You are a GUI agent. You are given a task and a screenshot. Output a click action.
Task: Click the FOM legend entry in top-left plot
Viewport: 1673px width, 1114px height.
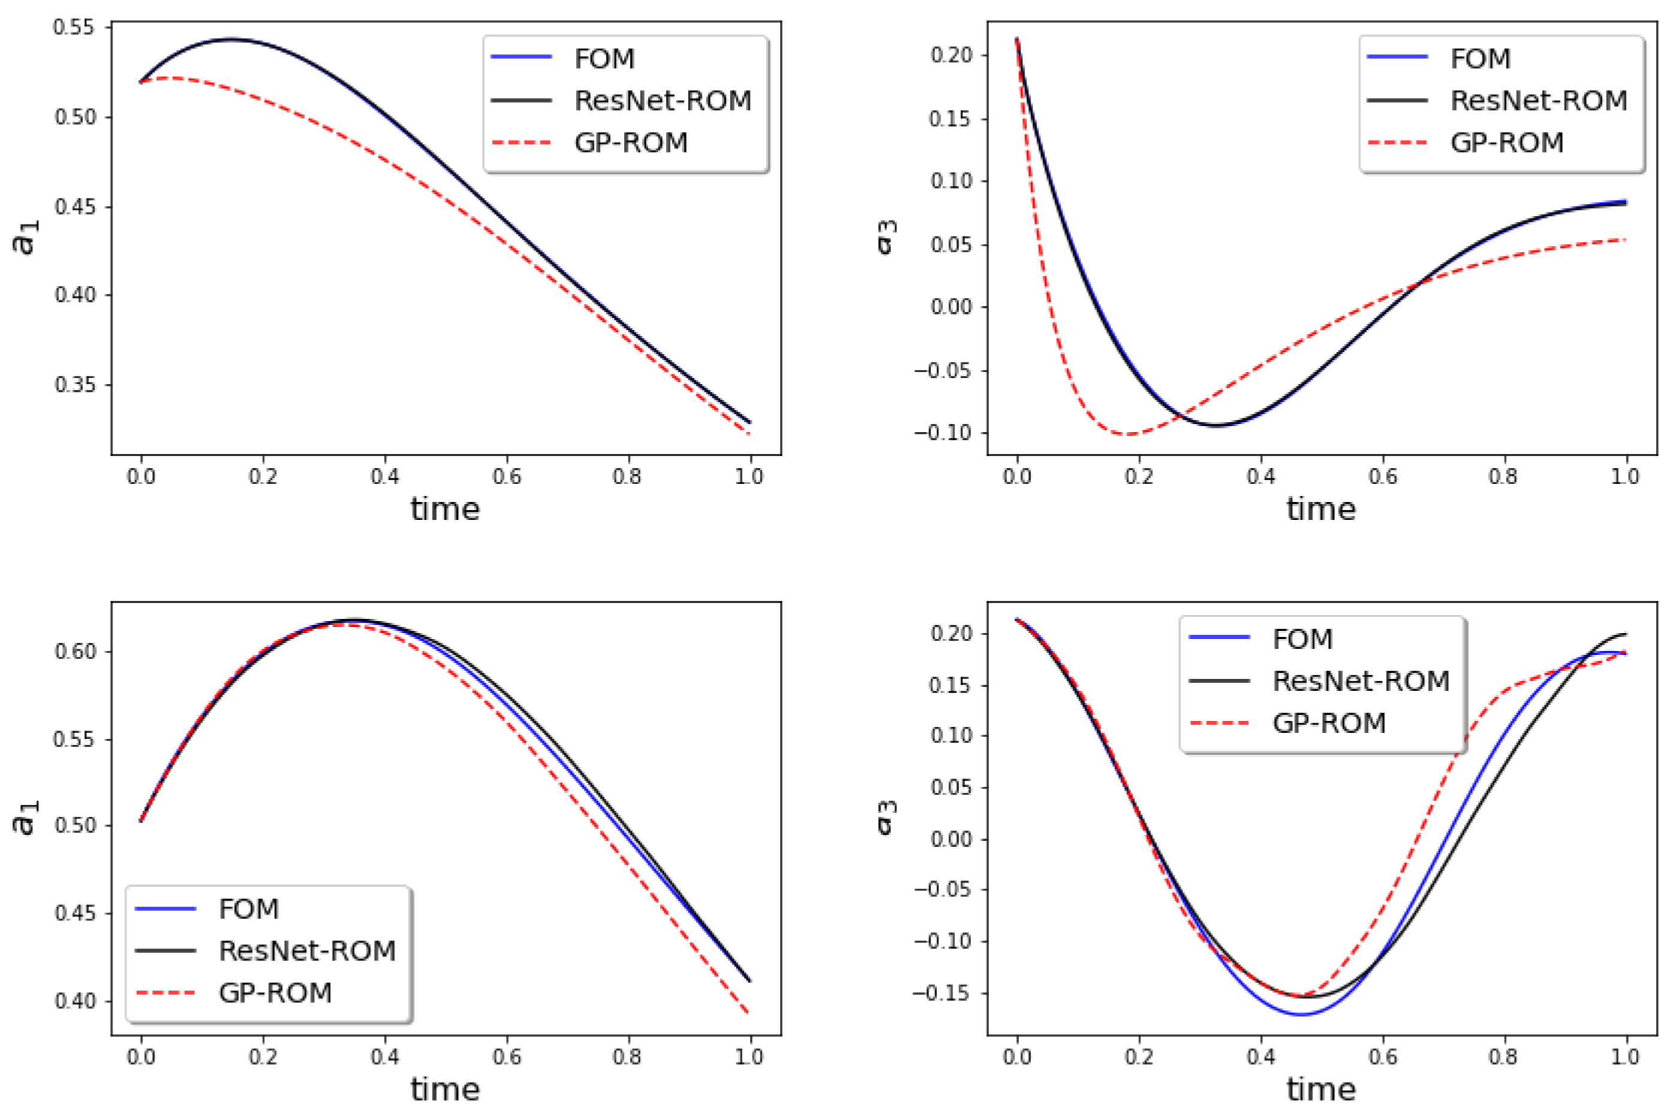coord(604,58)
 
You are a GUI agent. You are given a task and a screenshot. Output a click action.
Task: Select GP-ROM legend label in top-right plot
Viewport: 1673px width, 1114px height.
coord(1507,143)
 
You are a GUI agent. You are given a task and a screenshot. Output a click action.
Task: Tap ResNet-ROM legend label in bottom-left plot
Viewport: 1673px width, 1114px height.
coord(307,950)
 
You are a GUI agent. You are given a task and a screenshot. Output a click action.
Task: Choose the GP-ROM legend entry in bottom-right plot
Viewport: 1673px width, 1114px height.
coord(1329,723)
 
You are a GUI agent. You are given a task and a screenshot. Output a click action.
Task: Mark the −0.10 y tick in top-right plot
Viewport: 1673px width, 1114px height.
coord(943,433)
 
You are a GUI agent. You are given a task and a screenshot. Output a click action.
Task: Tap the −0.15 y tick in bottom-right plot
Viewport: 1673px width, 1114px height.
coord(943,993)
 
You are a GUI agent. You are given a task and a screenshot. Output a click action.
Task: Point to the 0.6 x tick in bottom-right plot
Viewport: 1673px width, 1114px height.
coord(1383,1057)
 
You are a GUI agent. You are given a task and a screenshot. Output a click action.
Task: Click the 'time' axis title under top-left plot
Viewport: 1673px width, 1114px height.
coord(446,509)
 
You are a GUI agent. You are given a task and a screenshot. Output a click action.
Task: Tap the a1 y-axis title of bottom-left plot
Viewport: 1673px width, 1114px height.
coord(26,817)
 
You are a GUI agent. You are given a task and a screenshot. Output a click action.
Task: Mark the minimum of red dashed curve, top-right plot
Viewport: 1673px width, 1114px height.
coord(1129,434)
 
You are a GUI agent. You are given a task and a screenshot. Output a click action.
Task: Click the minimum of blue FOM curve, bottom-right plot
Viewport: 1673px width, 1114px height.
coord(1302,1015)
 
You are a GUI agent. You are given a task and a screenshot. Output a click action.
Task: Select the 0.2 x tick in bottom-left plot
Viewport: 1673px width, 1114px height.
coord(263,1057)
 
